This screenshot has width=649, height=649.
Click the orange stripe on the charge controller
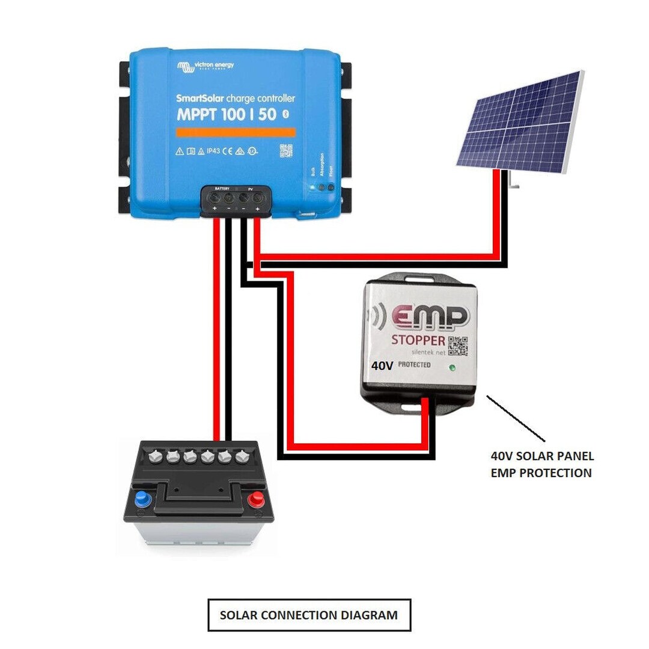click(x=236, y=132)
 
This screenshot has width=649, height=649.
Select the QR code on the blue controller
click(x=285, y=150)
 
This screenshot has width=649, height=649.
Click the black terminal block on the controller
click(x=236, y=199)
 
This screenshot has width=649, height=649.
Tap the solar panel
click(x=520, y=123)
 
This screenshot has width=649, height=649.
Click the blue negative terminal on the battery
click(x=142, y=498)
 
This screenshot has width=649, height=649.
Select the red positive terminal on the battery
click(x=257, y=498)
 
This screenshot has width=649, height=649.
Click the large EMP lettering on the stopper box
click(x=430, y=317)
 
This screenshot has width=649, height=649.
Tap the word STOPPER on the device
click(x=419, y=340)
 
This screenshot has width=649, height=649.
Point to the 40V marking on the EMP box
click(x=382, y=365)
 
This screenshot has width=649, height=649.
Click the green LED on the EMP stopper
click(x=451, y=367)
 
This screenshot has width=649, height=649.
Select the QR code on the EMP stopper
click(x=458, y=345)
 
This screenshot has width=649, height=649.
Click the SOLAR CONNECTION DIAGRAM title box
click(x=309, y=615)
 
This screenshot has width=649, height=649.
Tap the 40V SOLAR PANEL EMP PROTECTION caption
click(x=541, y=465)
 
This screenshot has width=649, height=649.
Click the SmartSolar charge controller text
click(x=235, y=98)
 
